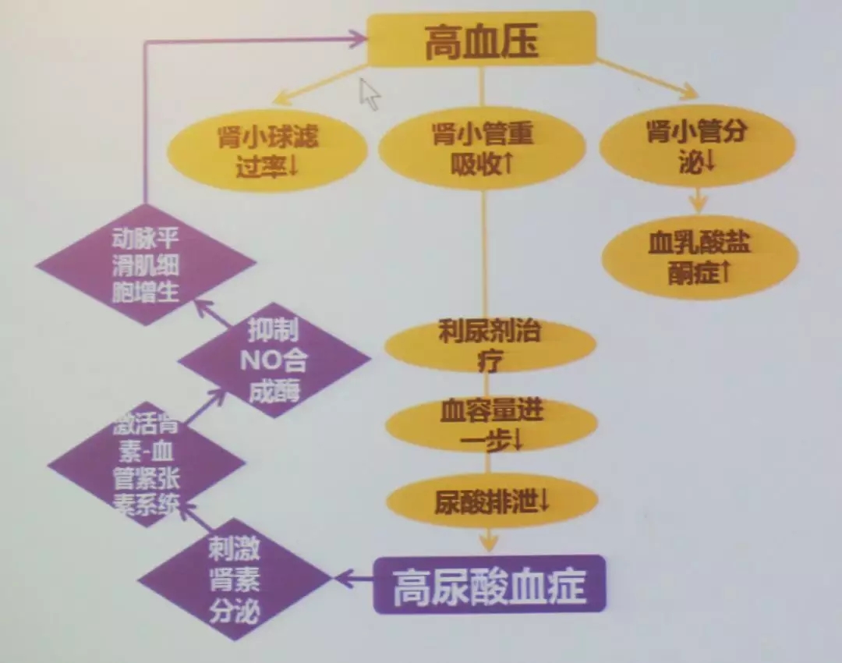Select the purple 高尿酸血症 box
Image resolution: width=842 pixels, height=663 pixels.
tap(490, 584)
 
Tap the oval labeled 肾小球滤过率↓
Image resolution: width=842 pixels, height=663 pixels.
tap(267, 149)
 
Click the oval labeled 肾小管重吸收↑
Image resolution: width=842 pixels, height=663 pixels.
tap(482, 147)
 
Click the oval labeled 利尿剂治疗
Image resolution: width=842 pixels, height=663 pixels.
tap(490, 346)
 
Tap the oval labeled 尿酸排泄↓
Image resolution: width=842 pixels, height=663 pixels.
tap(491, 499)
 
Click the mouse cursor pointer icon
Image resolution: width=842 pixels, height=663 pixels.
tap(369, 94)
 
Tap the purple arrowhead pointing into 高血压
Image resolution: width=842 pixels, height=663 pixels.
tap(358, 38)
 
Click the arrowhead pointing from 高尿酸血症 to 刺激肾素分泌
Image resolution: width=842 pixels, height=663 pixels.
tap(341, 579)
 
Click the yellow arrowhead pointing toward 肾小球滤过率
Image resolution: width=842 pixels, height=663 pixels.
tap(279, 99)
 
